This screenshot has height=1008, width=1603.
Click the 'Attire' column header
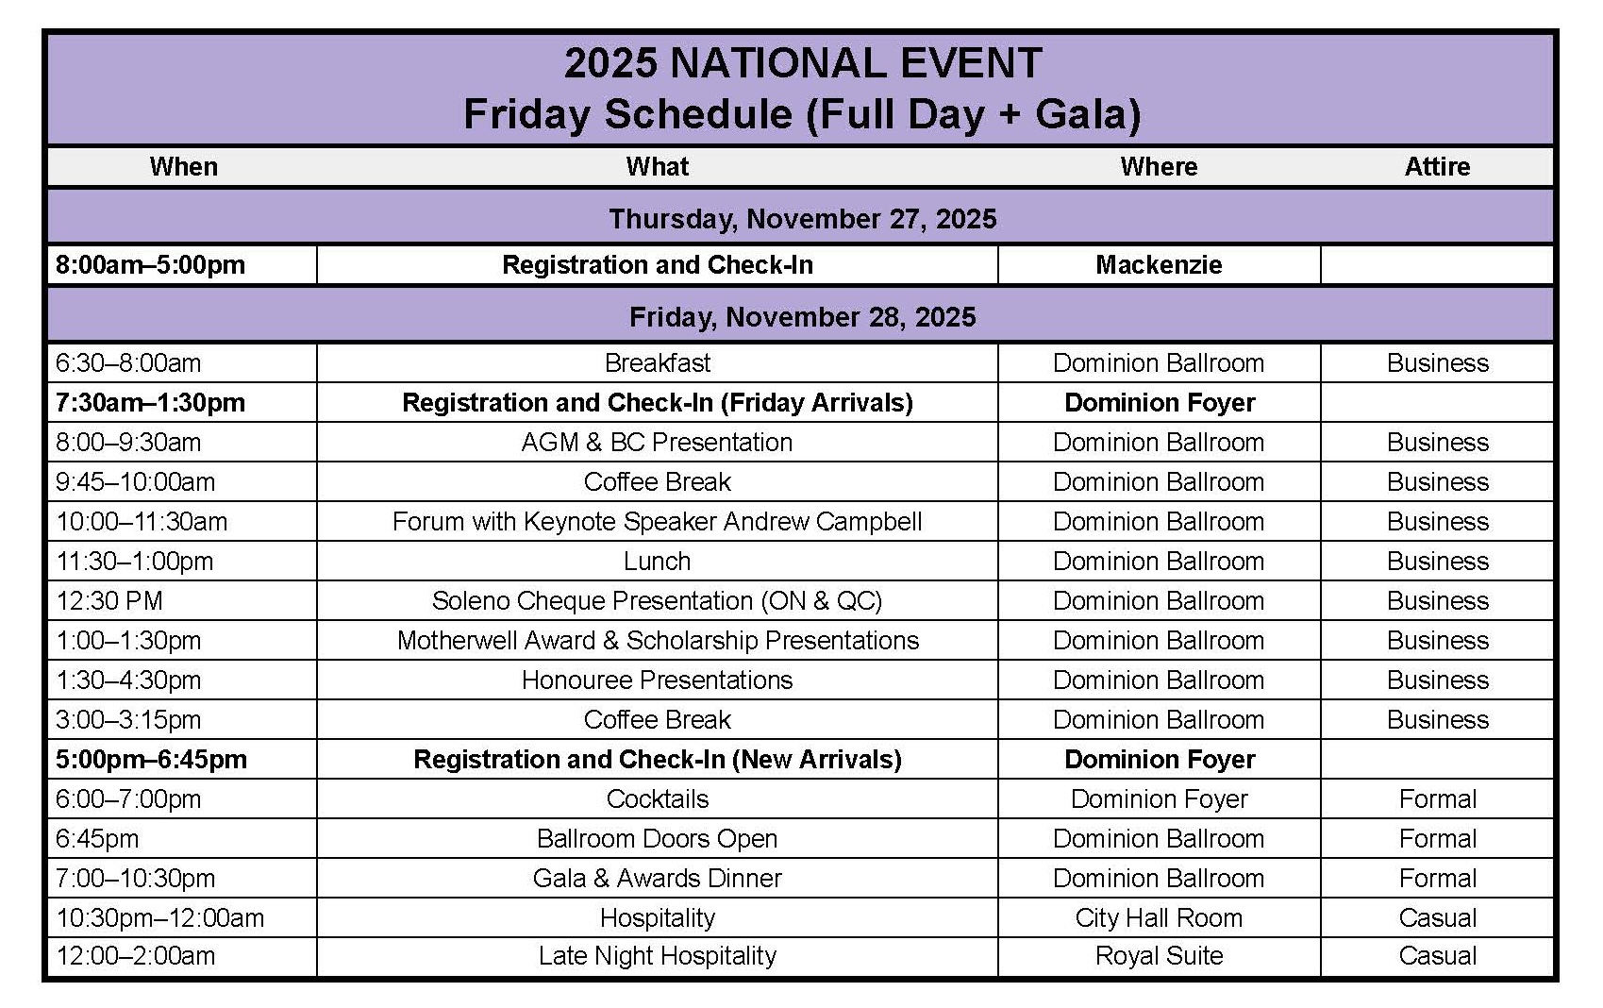click(x=1436, y=167)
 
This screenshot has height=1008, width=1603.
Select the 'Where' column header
click(x=1159, y=167)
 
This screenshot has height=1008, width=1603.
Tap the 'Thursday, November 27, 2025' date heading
click(x=802, y=219)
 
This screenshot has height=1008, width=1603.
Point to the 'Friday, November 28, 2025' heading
click(x=802, y=316)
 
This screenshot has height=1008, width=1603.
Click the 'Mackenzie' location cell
click(x=1159, y=265)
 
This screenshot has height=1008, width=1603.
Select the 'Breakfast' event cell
click(x=657, y=363)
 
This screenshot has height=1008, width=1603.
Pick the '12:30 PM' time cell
click(x=109, y=601)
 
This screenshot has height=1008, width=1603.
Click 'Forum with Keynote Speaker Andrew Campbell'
click(x=657, y=522)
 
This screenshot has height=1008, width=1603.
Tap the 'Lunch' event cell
click(x=657, y=562)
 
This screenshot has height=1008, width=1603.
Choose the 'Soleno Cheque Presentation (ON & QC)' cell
click(x=657, y=601)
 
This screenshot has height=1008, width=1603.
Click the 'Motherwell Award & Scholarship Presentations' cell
click(x=657, y=641)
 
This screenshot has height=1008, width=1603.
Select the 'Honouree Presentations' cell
click(x=657, y=680)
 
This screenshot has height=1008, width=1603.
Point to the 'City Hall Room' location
click(x=1159, y=918)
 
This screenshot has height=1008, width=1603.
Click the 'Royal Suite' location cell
click(x=1159, y=956)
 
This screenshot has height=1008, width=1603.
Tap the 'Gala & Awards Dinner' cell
click(x=657, y=879)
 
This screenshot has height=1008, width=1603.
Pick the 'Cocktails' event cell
click(x=657, y=799)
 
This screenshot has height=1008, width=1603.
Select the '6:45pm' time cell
click(x=97, y=839)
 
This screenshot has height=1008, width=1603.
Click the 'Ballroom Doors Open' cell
click(x=657, y=839)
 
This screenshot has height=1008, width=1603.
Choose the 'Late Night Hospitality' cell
click(x=657, y=956)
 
